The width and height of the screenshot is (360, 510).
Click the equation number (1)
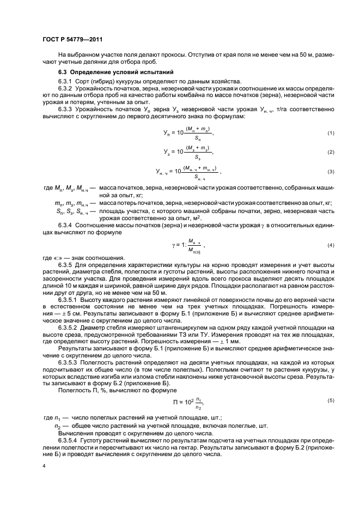[x=330, y=133]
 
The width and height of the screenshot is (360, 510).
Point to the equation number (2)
[x=330, y=152]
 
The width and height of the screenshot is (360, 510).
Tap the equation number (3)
[x=330, y=172]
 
